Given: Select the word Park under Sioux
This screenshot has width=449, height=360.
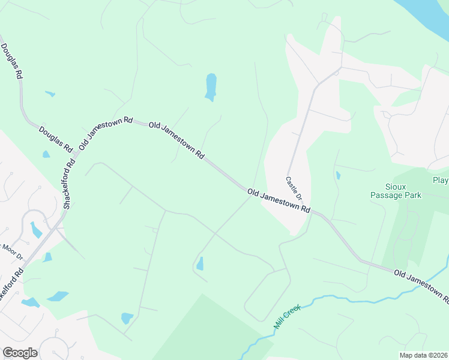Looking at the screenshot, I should coord(412,195).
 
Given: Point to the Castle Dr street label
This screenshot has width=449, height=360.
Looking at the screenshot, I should coord(294,188).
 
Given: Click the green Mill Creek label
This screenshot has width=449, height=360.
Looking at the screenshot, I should coord(287,316).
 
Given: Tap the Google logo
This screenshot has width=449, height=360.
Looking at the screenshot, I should coord(20,353).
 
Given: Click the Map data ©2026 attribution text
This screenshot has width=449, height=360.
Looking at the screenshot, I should coord(424,355).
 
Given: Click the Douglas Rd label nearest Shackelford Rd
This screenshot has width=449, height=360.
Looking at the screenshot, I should coord(55,139).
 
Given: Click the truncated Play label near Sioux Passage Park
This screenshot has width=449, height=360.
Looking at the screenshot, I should coord(440,180).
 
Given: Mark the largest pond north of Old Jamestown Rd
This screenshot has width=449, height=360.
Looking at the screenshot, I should coord(211,86).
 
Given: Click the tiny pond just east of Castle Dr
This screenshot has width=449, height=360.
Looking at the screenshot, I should coord(338,176).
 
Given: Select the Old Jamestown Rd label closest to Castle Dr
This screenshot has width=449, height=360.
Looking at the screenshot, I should coord(279,200).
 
